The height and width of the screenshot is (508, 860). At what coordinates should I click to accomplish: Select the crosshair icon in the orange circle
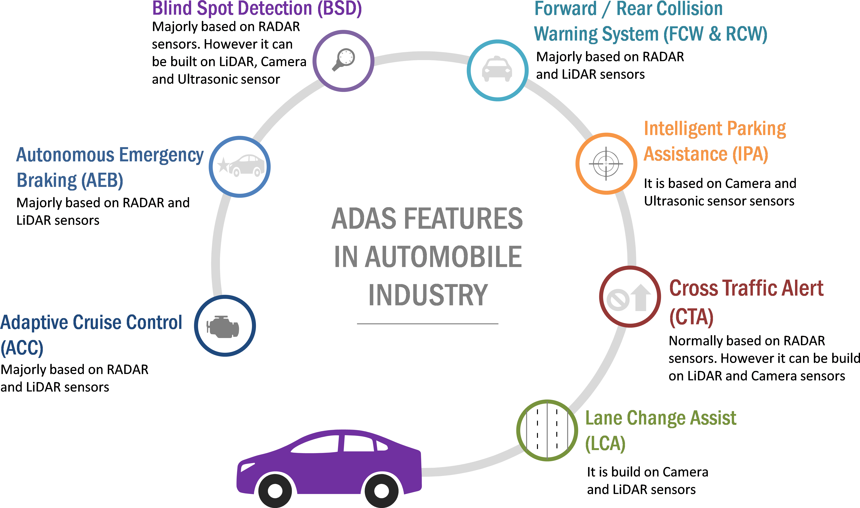coord(606,164)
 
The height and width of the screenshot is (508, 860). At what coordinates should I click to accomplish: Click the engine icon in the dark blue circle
coord(223,327)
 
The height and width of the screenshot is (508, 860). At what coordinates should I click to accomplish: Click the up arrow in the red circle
coord(641,297)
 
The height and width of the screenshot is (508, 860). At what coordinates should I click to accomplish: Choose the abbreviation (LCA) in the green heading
coord(605,444)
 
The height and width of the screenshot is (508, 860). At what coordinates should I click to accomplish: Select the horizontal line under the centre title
coord(427,324)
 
